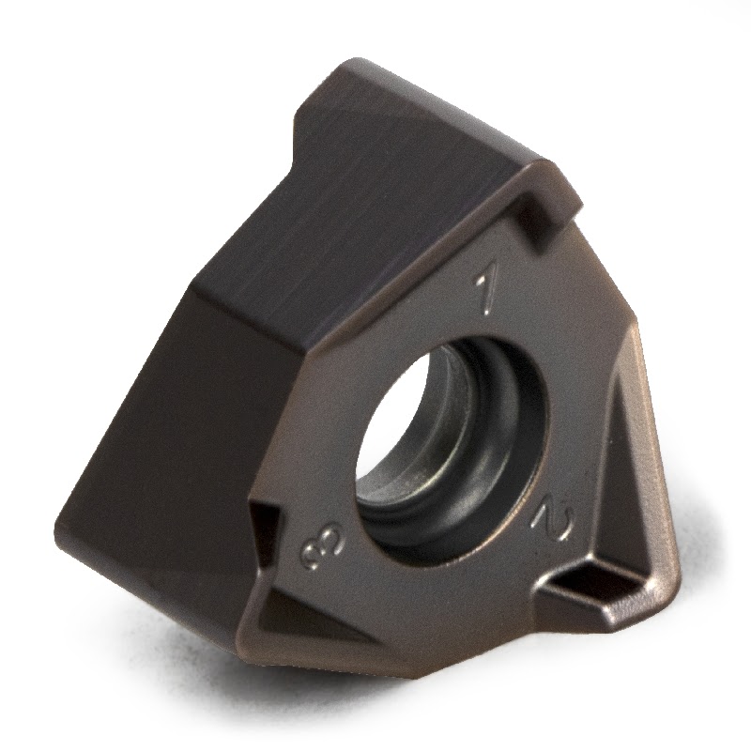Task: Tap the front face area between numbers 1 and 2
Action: [573, 375]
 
